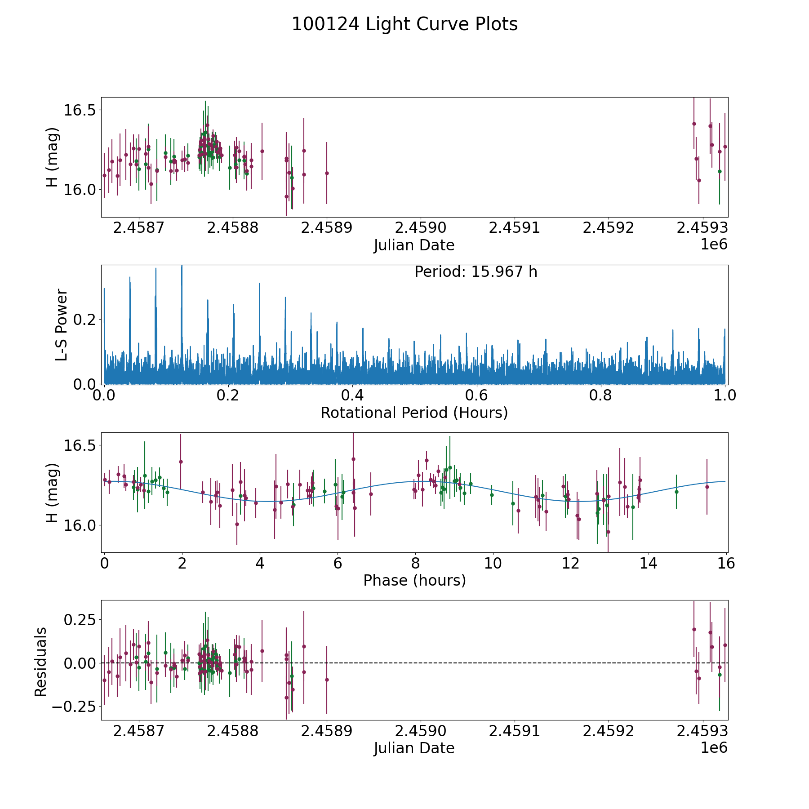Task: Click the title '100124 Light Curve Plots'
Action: (404, 24)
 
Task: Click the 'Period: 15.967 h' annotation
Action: (476, 272)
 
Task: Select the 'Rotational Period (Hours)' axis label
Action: (414, 413)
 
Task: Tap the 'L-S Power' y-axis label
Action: (62, 324)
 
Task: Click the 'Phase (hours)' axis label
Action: (414, 580)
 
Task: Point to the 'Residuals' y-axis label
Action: (40, 662)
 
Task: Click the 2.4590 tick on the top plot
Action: (421, 227)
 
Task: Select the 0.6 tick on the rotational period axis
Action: (476, 396)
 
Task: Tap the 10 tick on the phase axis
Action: (493, 563)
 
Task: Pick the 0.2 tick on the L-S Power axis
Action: (85, 320)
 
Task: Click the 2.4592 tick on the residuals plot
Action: (608, 731)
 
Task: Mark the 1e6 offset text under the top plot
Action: (714, 244)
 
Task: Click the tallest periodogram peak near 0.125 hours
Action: (182, 267)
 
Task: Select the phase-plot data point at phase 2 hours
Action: (181, 462)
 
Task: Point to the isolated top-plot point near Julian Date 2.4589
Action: (327, 173)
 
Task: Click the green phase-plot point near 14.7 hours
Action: (676, 492)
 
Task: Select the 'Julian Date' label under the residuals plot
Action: (414, 748)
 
